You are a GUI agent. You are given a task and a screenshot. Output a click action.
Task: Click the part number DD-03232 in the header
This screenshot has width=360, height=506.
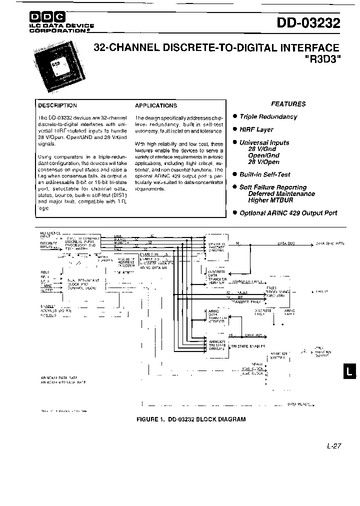(308, 23)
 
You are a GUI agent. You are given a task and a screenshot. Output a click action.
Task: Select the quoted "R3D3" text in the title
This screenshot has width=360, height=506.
(322, 58)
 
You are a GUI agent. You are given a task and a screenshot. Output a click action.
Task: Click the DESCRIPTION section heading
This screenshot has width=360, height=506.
(58, 105)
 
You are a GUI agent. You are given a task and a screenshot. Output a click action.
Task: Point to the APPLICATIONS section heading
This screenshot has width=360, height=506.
(156, 105)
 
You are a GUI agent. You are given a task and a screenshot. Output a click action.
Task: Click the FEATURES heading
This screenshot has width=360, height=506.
(288, 104)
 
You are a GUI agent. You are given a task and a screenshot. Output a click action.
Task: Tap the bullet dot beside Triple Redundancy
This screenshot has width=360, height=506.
(234, 116)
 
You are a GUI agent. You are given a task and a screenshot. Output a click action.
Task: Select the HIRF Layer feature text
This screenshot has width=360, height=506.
(256, 129)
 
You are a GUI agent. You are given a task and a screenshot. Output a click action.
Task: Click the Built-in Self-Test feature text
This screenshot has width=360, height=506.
(264, 174)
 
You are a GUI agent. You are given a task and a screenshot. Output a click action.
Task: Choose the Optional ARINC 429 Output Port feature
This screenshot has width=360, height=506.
(288, 212)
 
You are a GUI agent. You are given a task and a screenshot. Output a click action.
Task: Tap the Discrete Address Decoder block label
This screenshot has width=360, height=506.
(126, 263)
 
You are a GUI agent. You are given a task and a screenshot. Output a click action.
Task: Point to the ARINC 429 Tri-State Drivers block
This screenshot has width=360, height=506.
(216, 345)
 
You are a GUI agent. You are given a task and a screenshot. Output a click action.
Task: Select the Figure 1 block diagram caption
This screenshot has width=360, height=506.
(191, 419)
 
